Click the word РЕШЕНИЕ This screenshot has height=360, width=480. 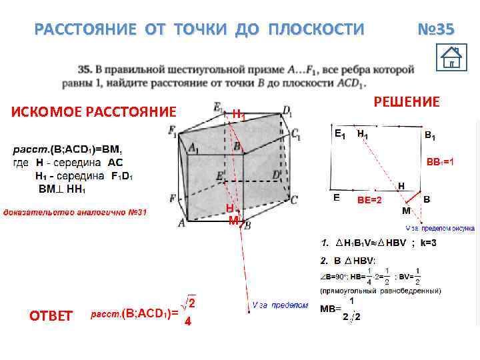(x=407, y=101)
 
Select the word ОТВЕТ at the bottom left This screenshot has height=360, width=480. (x=51, y=315)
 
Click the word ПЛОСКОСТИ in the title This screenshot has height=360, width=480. (x=316, y=30)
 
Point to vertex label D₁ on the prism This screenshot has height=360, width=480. (x=287, y=110)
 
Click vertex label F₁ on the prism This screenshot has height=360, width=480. (x=175, y=131)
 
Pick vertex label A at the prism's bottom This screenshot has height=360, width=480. (x=181, y=223)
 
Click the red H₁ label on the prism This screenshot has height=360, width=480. (x=238, y=114)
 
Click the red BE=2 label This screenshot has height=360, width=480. (x=369, y=199)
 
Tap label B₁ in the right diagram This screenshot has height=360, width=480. (x=431, y=136)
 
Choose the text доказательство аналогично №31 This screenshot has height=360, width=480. (x=75, y=213)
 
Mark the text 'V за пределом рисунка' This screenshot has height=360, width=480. (x=440, y=227)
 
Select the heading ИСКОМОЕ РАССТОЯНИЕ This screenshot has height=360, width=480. (x=94, y=111)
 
